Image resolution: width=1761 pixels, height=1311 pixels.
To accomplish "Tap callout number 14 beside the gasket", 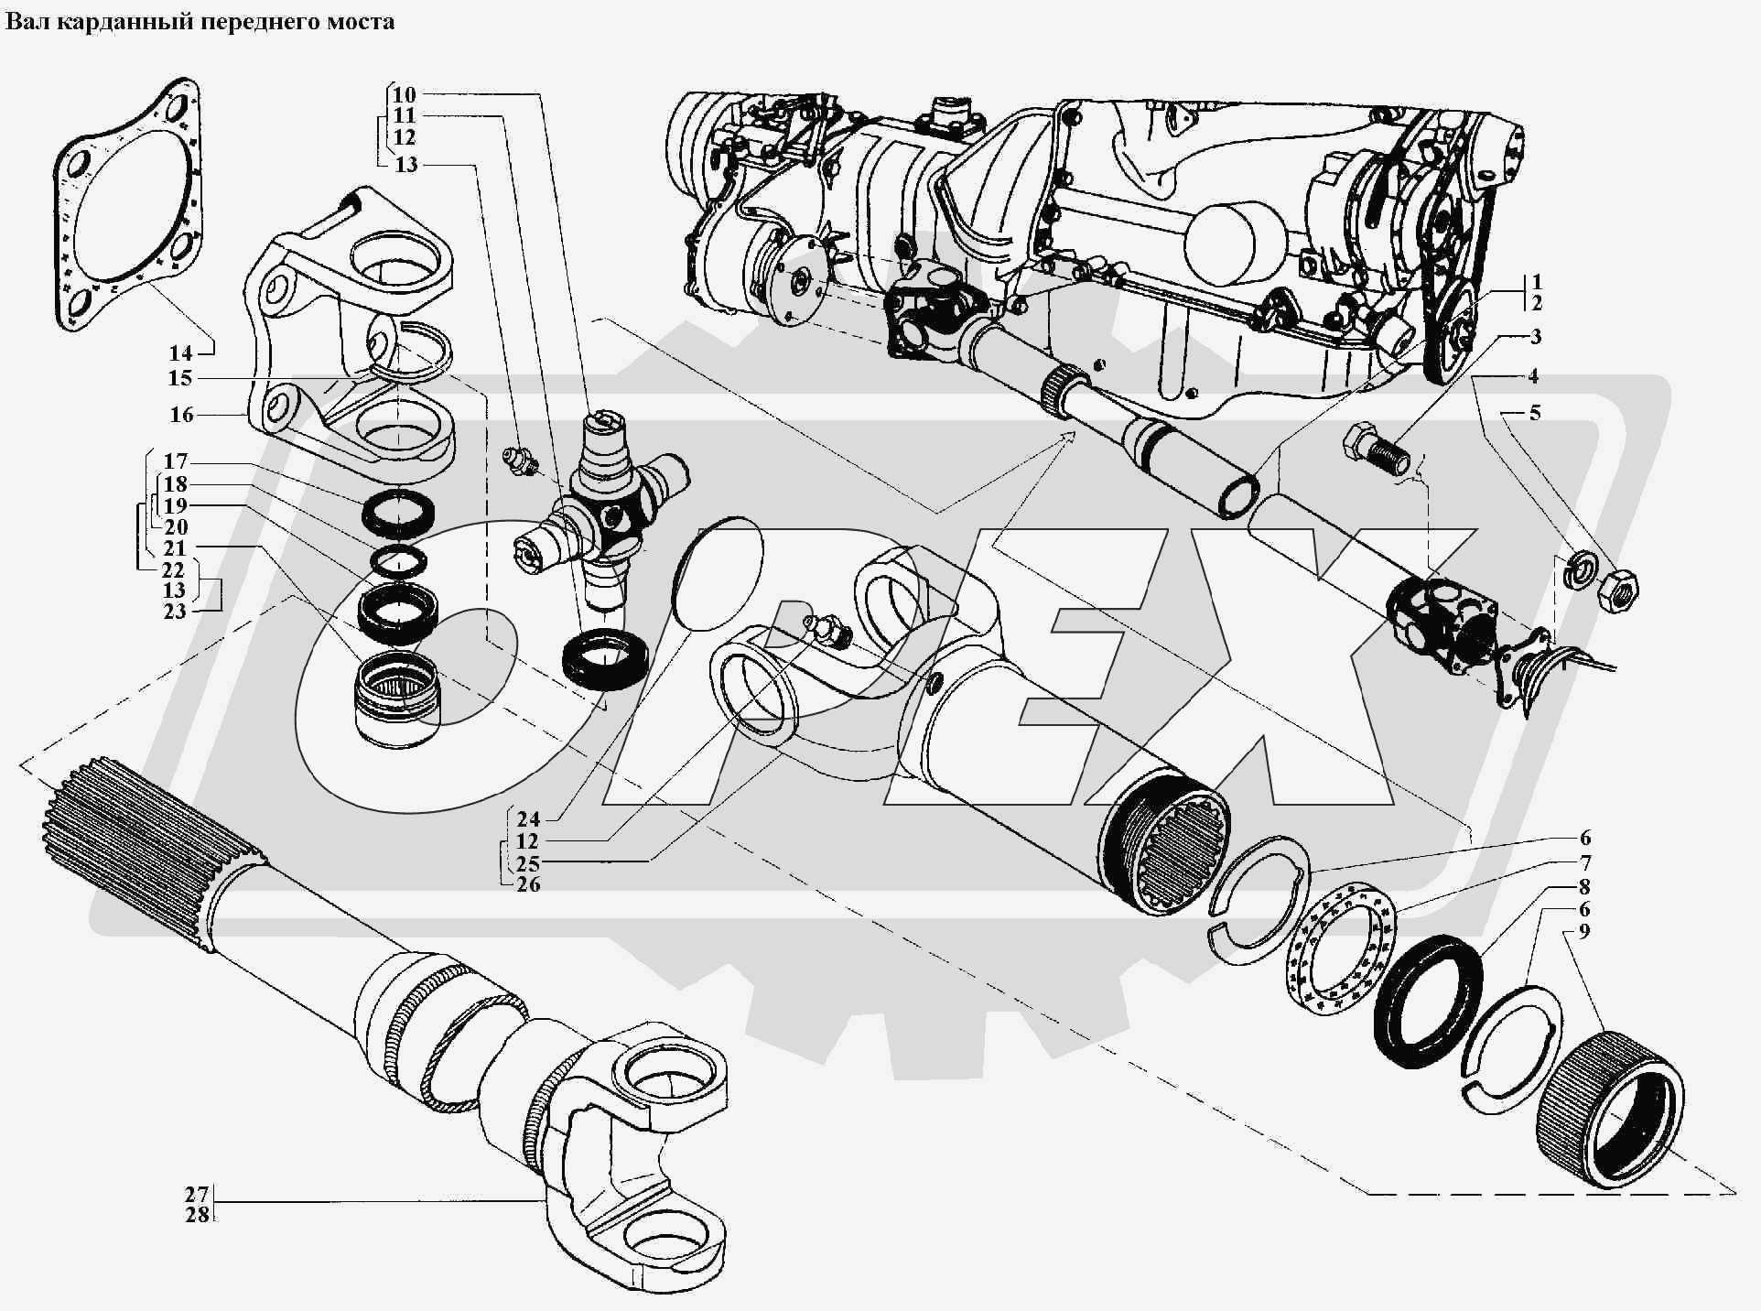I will coord(180,353).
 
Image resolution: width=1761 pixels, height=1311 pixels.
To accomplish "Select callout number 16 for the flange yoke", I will coord(181,415).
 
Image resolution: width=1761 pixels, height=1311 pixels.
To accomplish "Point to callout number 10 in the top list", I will coord(404,94).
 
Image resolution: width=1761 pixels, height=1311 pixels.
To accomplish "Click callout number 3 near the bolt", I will coord(1535,337).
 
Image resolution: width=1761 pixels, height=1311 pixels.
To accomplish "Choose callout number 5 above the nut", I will coord(1535,413).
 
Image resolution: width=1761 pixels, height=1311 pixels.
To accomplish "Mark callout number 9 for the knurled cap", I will coord(1584,931).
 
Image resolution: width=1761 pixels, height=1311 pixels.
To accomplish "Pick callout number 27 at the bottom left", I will coord(197,1194).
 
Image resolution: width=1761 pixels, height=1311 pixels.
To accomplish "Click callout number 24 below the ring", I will coord(528,819).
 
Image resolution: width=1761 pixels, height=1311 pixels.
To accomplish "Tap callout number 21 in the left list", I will coord(174,547).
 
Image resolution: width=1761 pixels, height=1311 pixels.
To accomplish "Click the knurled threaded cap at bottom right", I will coord(1611,1108).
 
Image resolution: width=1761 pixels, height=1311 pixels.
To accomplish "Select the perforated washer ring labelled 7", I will coord(1342,946).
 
